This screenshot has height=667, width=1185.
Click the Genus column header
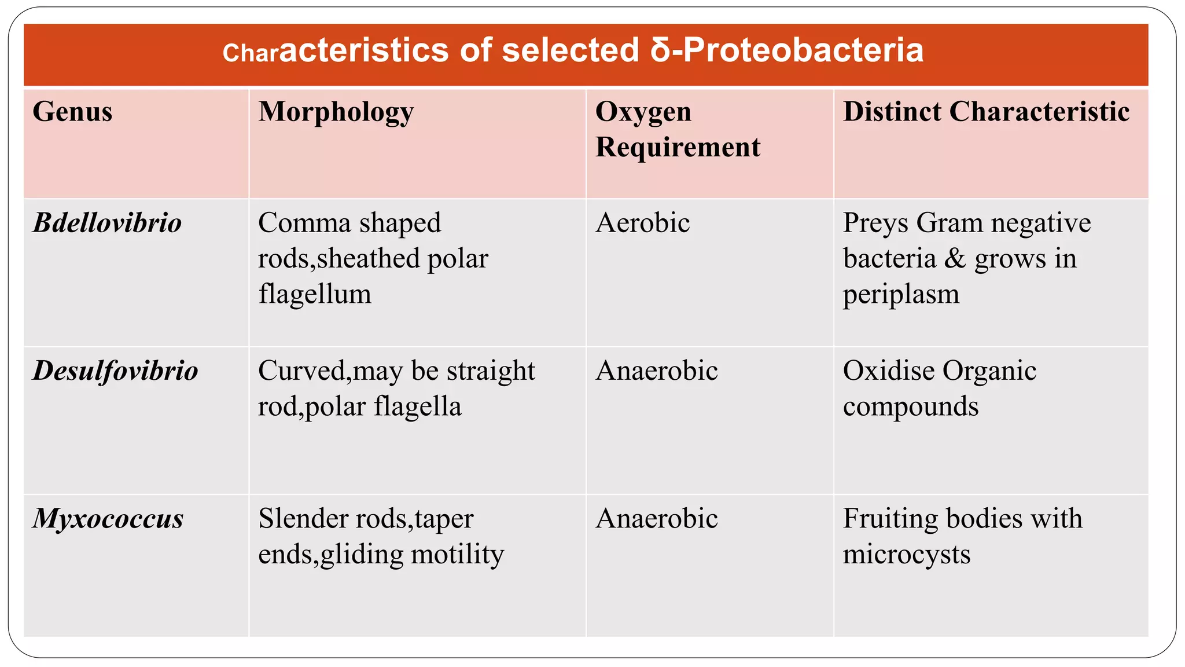pos(72,112)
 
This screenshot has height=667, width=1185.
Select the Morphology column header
pos(336,112)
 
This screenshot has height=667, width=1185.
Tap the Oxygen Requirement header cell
pos(677,129)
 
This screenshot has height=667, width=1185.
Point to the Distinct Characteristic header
pos(986,112)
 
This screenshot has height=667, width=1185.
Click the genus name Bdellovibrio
pos(107,223)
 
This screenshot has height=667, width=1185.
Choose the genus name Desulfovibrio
pos(115,371)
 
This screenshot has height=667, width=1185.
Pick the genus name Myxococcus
pos(108,518)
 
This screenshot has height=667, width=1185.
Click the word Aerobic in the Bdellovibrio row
pos(642,223)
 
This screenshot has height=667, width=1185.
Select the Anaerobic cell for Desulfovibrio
pos(657,371)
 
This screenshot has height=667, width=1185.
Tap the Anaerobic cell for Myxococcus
pos(657,518)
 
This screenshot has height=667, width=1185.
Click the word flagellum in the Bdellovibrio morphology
pos(315,294)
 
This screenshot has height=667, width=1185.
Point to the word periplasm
pos(901,294)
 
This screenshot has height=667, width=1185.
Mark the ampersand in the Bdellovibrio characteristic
pos(955,259)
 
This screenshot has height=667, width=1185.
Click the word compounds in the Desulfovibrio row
pos(911,406)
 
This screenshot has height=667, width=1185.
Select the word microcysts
pos(907,554)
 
